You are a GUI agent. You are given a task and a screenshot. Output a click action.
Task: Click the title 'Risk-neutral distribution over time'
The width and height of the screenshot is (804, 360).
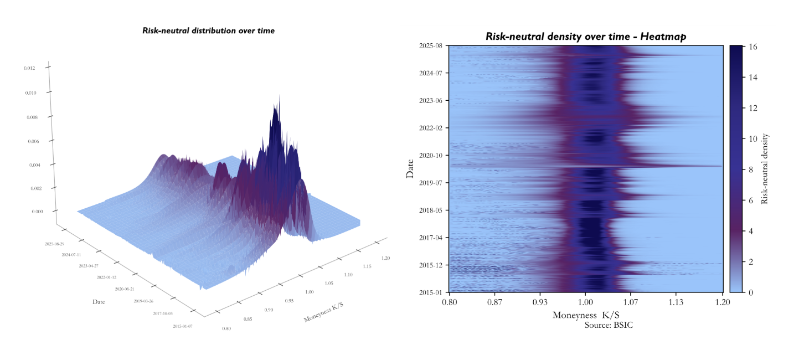tap(208, 31)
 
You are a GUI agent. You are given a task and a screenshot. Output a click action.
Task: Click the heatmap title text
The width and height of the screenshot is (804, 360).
tap(586, 37)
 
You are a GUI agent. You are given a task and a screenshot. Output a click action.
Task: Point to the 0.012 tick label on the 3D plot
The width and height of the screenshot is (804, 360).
tap(29, 68)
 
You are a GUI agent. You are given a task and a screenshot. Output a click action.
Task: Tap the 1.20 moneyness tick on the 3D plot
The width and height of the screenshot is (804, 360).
tap(386, 258)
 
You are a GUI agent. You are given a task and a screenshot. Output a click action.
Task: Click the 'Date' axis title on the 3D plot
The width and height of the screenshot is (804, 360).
tap(99, 302)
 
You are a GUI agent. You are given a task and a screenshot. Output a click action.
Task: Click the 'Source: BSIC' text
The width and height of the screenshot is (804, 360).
tap(609, 325)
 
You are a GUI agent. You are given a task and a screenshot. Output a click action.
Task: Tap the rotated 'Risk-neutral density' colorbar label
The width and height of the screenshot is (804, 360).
tap(765, 168)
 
